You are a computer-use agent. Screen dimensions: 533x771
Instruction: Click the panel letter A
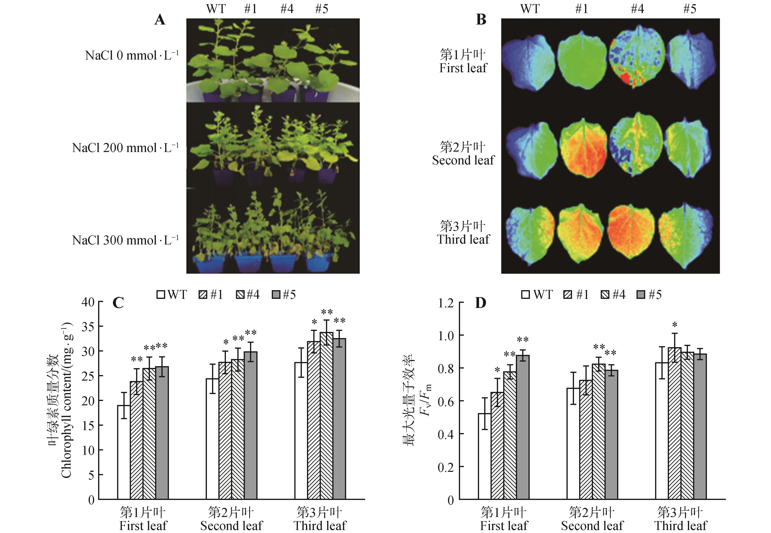coord(160,20)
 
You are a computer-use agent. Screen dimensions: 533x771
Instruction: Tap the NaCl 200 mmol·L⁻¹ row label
coord(125,148)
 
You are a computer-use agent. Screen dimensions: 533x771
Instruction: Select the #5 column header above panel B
coord(690,9)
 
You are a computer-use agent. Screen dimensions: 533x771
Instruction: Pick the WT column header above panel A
coord(216,9)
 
